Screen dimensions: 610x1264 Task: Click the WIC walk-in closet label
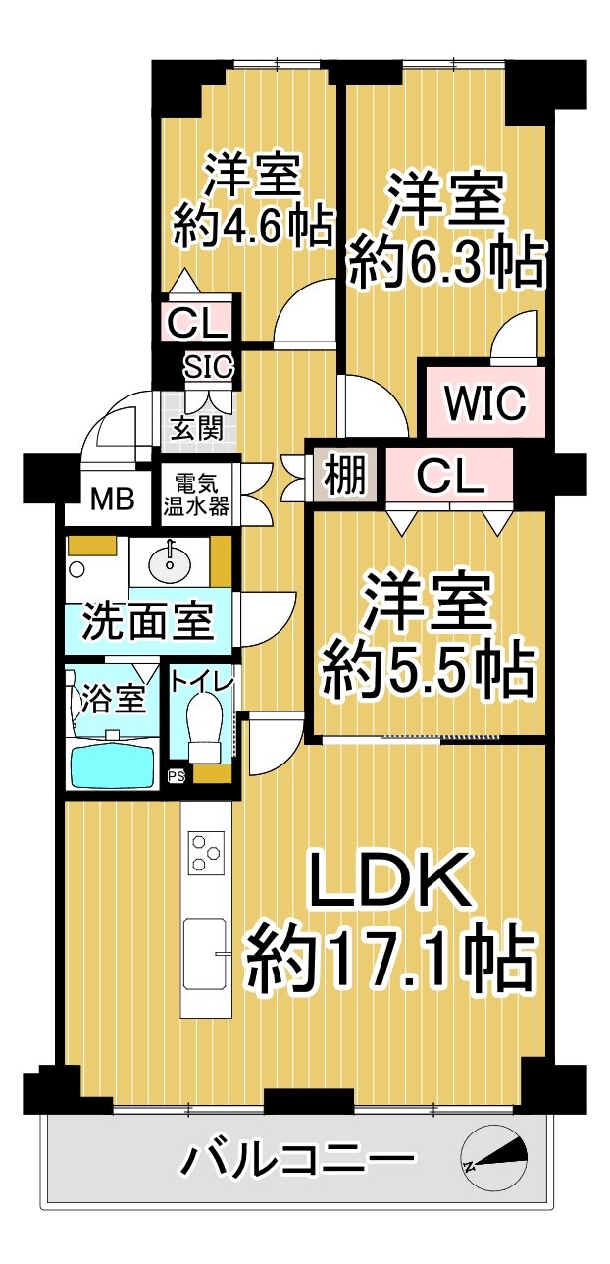(484, 402)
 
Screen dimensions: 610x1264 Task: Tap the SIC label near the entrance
(209, 367)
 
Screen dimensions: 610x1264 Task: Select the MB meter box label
(112, 499)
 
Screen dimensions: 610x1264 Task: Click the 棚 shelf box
(345, 475)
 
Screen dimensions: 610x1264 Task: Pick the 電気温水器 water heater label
(197, 495)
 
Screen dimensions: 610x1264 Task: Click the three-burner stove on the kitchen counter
(206, 852)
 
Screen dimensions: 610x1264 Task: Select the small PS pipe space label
(177, 776)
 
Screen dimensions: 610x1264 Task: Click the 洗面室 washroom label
(148, 621)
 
